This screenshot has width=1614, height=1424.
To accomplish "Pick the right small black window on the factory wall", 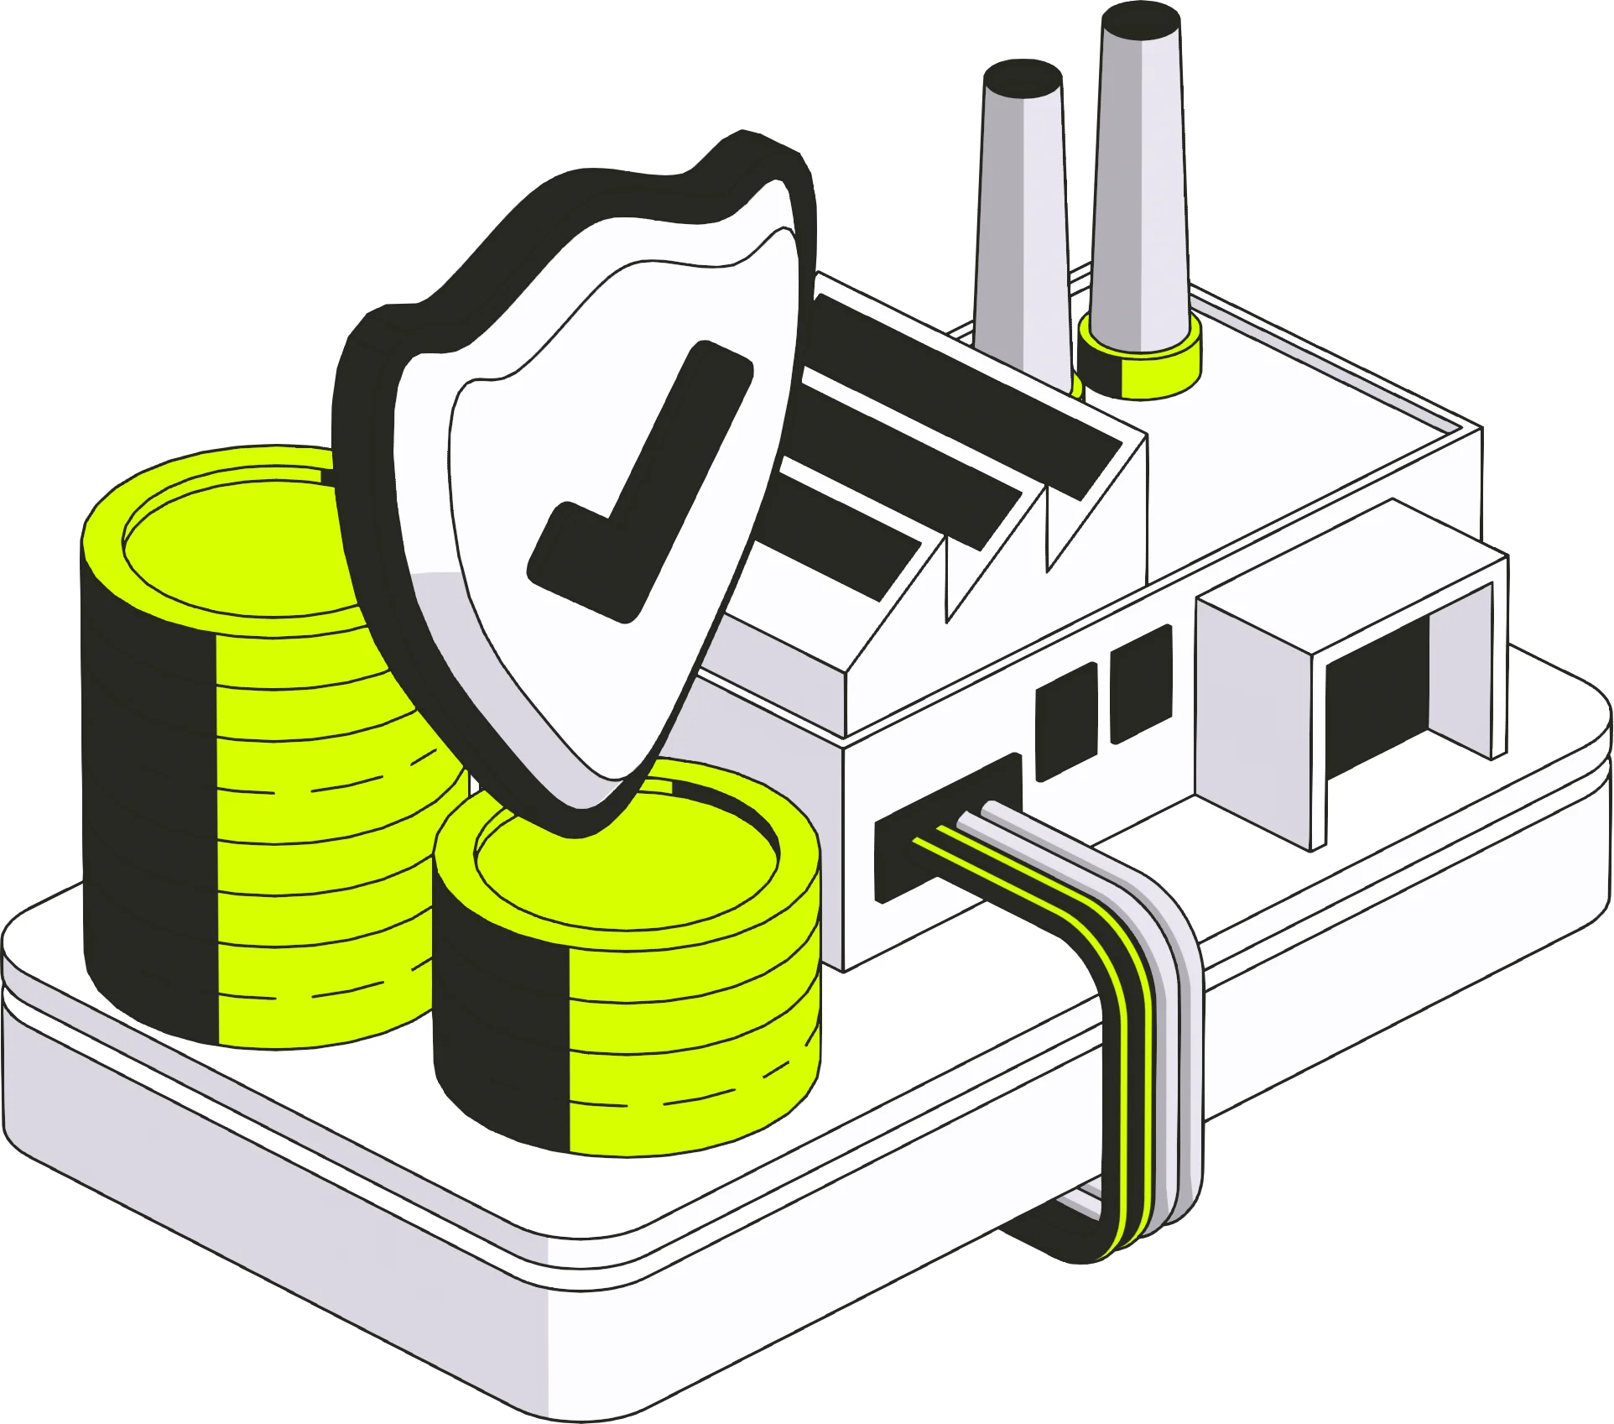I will [1141, 684].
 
